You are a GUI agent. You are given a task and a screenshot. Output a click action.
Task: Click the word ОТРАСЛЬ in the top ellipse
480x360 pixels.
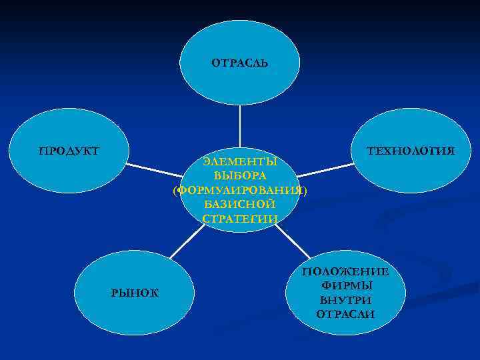click(240, 63)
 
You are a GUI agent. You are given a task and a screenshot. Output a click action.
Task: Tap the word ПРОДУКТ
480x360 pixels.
click(69, 151)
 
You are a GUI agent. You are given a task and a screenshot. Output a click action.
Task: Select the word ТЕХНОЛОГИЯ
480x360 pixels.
click(411, 151)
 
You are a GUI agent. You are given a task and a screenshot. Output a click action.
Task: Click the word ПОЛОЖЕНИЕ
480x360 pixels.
click(345, 271)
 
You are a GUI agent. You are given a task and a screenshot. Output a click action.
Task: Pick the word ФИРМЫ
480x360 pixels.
click(345, 285)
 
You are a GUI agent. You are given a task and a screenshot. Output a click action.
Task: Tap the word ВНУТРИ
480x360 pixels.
click(345, 299)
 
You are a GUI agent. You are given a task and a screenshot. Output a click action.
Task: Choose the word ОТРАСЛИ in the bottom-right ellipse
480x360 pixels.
click(345, 313)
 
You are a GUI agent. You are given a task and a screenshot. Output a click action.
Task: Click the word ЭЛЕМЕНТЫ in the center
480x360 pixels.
click(240, 162)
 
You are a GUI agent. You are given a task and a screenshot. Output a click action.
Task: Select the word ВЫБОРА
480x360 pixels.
click(240, 176)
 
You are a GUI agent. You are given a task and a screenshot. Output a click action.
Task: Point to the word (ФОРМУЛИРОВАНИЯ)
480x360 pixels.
click(240, 191)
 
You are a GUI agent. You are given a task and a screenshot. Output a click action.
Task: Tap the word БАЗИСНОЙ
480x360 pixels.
click(240, 205)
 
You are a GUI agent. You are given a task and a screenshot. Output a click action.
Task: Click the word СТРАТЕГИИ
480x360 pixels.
click(240, 219)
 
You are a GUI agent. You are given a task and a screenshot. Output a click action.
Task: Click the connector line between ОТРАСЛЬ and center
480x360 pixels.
click(240, 127)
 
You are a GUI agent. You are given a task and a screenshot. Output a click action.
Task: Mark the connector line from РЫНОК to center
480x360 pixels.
click(187, 240)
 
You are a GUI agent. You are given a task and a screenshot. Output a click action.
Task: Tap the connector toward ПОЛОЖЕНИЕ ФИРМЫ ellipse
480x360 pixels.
click(293, 241)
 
